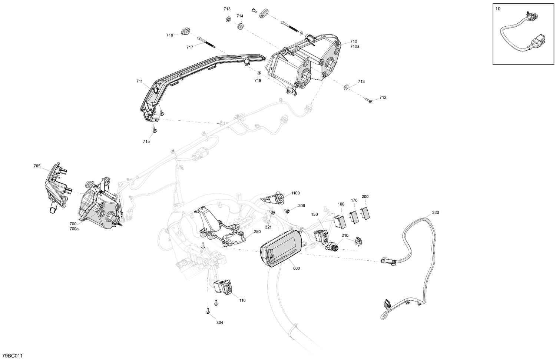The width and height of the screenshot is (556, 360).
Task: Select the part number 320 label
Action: tap(435, 213)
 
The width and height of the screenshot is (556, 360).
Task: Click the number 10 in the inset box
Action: tap(497, 9)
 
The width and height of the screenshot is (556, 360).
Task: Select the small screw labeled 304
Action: tap(208, 312)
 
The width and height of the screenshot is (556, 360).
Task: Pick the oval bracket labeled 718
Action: tap(185, 31)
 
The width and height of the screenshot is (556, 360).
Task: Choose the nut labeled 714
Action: tap(240, 26)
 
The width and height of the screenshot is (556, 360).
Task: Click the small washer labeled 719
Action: tap(259, 72)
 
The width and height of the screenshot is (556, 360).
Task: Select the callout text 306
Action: tap(301, 206)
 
